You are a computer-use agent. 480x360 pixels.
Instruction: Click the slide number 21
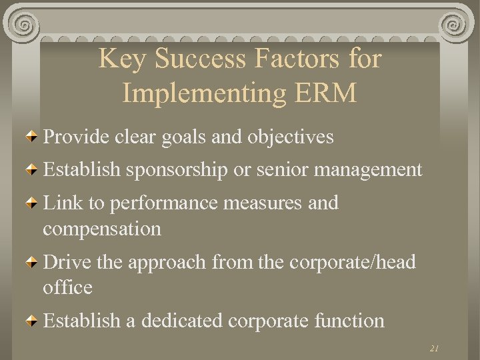point(434,348)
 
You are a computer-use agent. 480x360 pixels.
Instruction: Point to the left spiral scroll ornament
point(25,26)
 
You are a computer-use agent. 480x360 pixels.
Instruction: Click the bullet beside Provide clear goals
point(33,138)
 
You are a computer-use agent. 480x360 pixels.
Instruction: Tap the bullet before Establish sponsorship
point(33,171)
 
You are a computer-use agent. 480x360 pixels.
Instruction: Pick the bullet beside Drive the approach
point(33,263)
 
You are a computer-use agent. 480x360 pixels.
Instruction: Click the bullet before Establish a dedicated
point(33,322)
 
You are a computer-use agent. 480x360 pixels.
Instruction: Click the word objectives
point(290,137)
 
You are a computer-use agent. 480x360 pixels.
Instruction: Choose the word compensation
point(102,229)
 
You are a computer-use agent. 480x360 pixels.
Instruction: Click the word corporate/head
point(353,262)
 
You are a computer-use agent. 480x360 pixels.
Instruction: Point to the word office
point(67,288)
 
